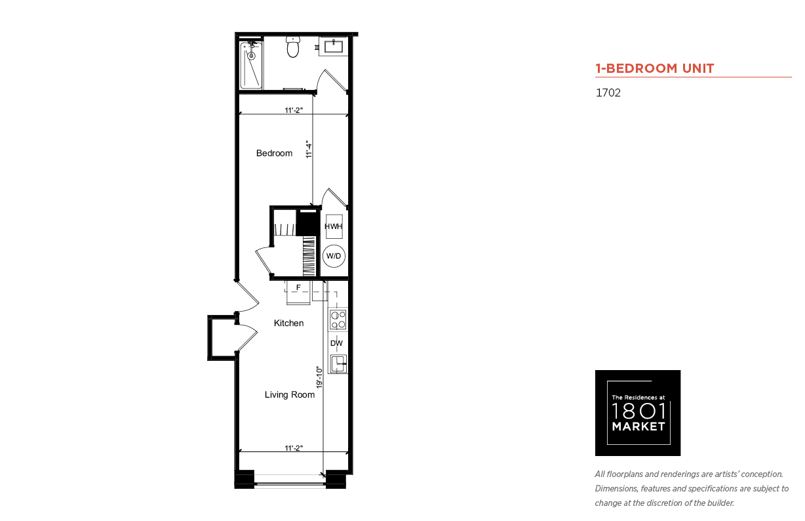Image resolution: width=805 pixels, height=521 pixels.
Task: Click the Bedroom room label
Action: [x=274, y=154]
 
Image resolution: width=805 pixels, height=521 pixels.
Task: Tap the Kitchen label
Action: [x=288, y=323]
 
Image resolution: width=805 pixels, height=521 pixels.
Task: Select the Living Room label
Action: [x=290, y=395]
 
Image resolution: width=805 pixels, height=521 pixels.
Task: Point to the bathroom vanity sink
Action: [x=334, y=47]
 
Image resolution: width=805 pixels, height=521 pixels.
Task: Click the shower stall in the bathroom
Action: [x=251, y=65]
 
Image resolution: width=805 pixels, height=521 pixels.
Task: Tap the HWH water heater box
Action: [x=334, y=226]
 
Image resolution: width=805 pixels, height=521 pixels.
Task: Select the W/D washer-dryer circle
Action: [x=334, y=256]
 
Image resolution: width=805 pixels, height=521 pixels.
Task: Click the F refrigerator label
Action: [x=298, y=287]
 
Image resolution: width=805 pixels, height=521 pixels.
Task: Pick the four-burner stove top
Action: [x=338, y=320]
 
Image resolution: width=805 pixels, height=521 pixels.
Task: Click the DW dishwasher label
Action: [x=336, y=343]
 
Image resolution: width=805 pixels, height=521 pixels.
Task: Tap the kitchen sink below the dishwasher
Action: [x=338, y=364]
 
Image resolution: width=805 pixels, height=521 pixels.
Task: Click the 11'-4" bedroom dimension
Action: [x=309, y=150]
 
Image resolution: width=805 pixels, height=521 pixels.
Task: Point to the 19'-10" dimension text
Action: [x=319, y=377]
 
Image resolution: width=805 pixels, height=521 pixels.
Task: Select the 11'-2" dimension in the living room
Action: [x=294, y=448]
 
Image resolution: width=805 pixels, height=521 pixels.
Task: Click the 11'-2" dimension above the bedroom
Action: [x=294, y=110]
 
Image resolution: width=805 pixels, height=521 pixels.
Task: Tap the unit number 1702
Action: [x=608, y=93]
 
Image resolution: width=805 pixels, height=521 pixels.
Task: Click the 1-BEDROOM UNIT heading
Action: [x=655, y=68]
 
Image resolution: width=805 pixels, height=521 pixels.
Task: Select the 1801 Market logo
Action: [x=638, y=413]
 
